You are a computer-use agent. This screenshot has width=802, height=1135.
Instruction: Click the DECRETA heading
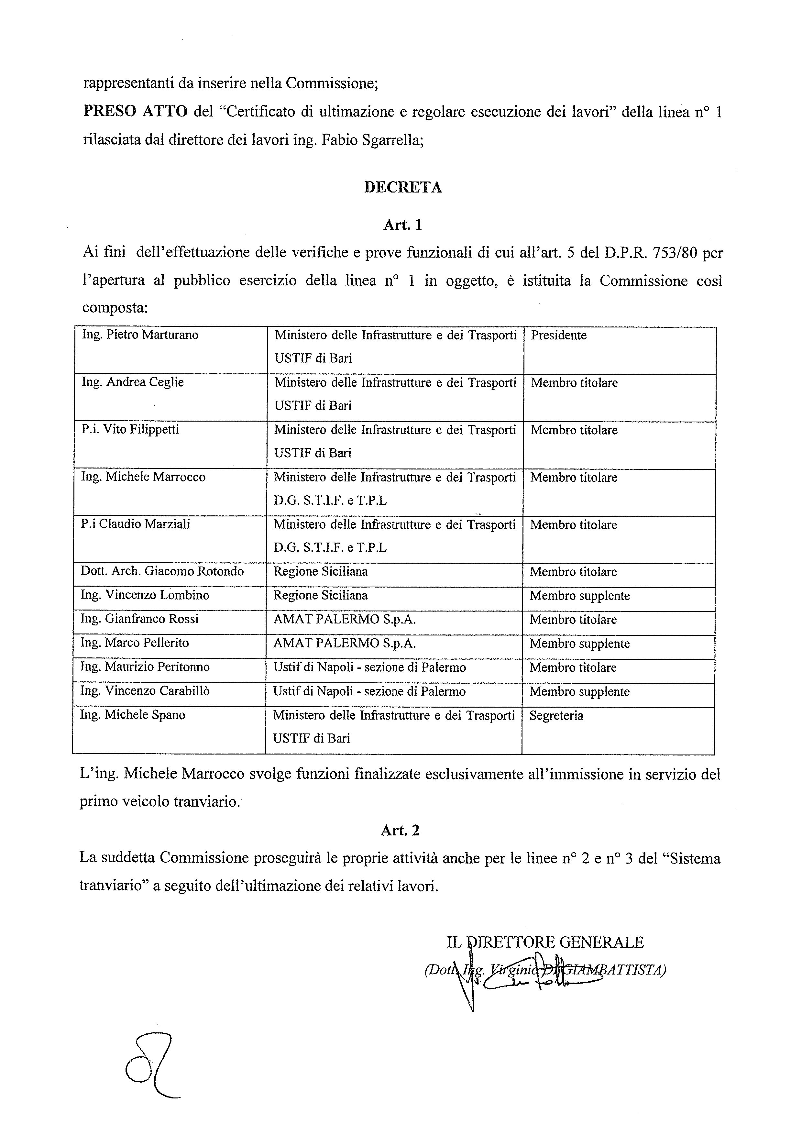click(x=403, y=187)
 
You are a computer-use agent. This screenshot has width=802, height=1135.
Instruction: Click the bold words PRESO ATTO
click(x=136, y=112)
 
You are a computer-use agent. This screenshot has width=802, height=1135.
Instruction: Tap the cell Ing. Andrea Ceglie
click(x=133, y=382)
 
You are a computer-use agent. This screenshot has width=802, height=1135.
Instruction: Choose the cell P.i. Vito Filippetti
click(x=130, y=430)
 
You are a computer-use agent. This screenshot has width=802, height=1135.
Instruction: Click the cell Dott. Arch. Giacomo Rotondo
click(x=162, y=571)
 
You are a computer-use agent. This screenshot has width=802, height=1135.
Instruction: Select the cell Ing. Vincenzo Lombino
click(x=145, y=595)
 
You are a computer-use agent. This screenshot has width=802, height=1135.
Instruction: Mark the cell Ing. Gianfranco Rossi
click(x=139, y=619)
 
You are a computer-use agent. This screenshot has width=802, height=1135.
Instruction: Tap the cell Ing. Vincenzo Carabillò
click(x=145, y=690)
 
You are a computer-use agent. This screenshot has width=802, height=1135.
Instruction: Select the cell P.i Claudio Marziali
click(x=136, y=524)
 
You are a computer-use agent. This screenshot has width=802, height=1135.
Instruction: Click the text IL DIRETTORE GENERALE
click(x=545, y=942)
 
